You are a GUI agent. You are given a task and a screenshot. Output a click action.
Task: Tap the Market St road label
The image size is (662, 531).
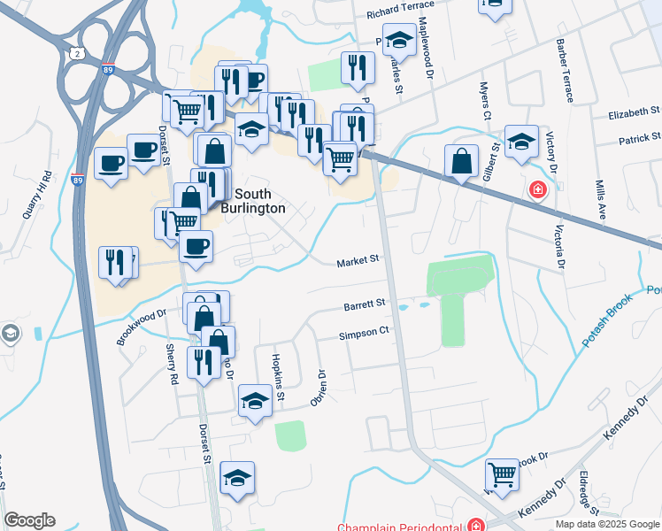[358, 261]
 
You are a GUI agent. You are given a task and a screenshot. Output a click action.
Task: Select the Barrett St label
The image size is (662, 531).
[365, 304]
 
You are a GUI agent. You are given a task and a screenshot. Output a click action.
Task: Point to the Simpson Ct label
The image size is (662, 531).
[364, 335]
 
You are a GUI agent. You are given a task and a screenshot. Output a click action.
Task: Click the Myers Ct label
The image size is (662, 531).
[485, 101]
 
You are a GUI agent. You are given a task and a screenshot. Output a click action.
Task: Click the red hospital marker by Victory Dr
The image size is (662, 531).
[536, 189]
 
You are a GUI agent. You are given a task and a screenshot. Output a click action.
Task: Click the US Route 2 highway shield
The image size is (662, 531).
[79, 56]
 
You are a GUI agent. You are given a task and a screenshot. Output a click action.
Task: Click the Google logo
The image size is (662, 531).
[29, 521]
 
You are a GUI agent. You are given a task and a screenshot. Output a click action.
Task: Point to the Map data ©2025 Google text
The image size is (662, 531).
[606, 524]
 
